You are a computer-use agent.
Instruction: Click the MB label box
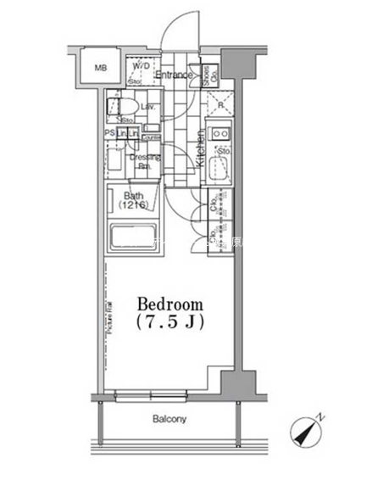click(100, 69)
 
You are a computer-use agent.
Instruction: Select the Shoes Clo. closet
click(214, 75)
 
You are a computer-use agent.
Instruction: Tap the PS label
click(109, 133)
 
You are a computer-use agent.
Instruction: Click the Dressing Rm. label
click(139, 161)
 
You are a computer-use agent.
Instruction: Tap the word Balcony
click(169, 419)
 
